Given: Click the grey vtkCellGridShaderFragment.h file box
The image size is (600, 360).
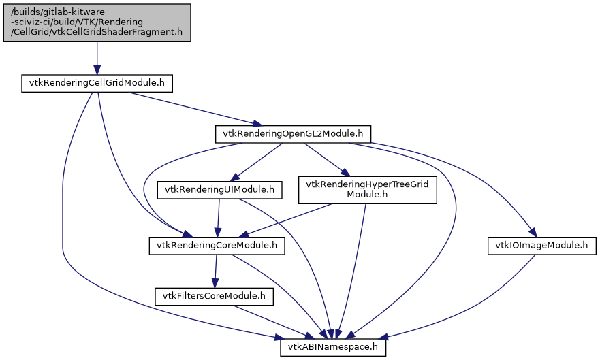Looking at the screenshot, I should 97,22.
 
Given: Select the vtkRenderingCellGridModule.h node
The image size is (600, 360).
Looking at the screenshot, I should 96,83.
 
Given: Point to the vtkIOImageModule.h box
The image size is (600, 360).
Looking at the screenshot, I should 541,245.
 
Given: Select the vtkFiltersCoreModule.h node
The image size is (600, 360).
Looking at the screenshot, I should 215,296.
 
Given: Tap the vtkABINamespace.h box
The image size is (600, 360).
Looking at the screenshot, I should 334,347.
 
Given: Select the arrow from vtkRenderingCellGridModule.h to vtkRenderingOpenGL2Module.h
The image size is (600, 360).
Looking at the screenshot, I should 191,108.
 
